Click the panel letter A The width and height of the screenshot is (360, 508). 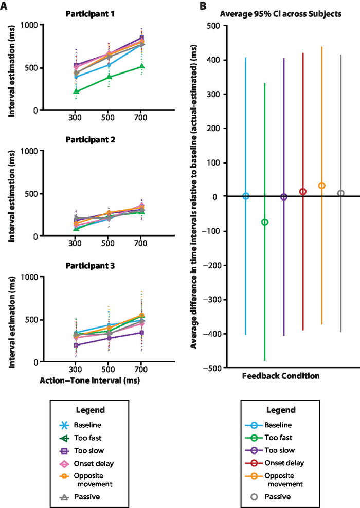7,7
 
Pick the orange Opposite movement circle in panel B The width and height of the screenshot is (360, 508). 322,186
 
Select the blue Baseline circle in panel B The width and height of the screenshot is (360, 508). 246,196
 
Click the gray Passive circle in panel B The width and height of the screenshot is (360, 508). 340,193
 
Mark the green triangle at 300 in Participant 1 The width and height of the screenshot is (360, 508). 76,92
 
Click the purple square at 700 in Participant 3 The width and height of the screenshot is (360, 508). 141,333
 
